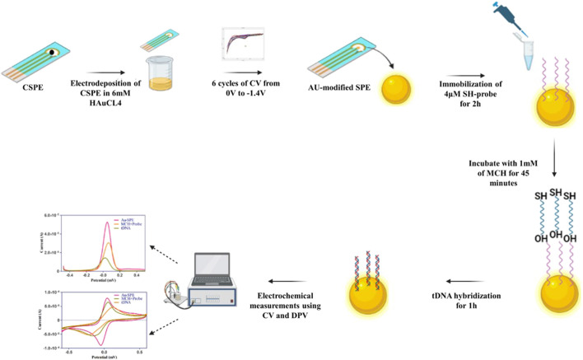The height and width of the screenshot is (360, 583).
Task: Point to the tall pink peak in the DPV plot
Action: [106, 224]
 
